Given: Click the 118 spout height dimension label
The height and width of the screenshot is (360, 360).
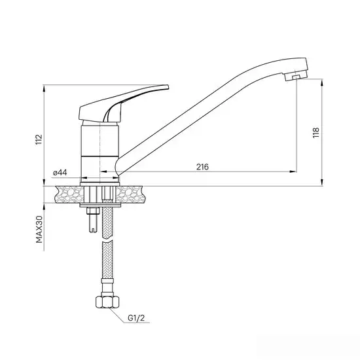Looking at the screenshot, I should [x=316, y=133].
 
